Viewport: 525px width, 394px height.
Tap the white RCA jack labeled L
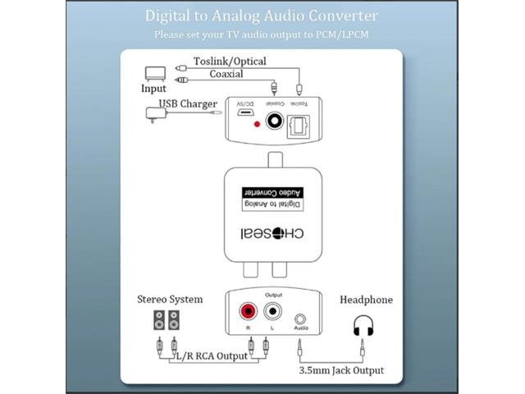[271, 313]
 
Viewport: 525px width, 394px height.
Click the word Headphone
[365, 300]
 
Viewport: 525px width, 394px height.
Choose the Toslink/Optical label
[230, 62]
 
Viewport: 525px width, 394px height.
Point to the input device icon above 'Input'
[155, 73]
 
